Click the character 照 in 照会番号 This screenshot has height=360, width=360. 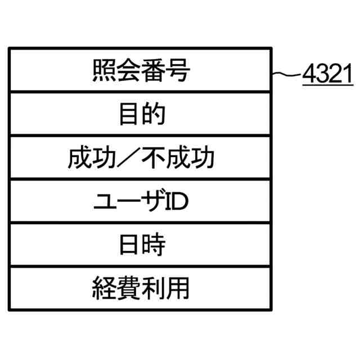104,71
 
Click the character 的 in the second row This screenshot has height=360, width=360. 153,114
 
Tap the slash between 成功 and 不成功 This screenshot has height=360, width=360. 141,158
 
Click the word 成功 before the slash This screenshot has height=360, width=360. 92,158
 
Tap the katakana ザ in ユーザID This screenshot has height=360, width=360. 152,202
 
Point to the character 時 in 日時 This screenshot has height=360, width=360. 153,246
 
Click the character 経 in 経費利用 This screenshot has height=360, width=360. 104,289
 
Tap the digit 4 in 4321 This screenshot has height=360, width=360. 309,75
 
